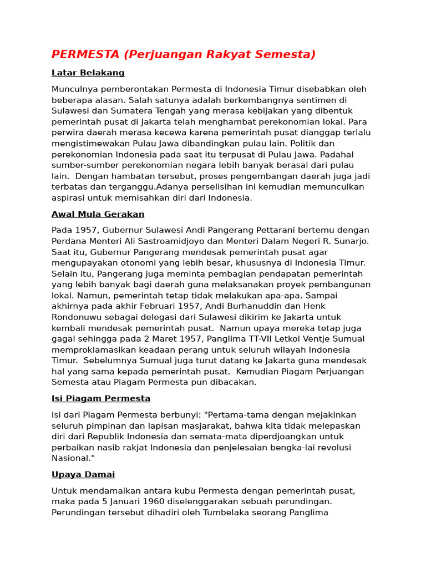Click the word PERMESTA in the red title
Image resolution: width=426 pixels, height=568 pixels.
[x=85, y=54]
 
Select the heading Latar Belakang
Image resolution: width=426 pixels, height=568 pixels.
[x=88, y=73]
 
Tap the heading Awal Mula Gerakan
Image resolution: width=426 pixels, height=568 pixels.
[x=98, y=214]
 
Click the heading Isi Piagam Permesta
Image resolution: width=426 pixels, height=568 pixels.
[x=101, y=398]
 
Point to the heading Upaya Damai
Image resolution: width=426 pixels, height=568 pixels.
[x=83, y=474]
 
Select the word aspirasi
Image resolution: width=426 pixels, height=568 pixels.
[x=70, y=197]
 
